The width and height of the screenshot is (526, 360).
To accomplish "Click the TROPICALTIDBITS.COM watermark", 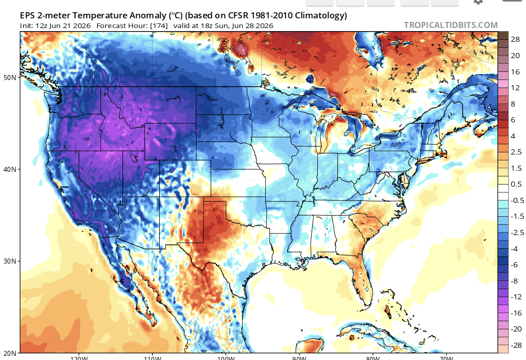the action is click(450, 25).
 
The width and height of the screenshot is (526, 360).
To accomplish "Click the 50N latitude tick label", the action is click(10, 78).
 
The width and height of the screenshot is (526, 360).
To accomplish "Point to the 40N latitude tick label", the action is click(10, 169).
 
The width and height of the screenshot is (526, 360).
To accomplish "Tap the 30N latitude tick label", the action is click(10, 261).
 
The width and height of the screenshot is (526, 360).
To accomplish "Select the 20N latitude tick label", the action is click(10, 353).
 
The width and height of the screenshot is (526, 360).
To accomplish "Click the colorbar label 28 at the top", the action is click(515, 40).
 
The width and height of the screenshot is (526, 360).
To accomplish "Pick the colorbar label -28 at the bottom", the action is click(516, 345).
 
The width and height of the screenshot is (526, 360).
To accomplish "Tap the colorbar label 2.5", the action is click(516, 152).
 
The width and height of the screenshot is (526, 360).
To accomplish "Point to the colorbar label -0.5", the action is click(517, 200).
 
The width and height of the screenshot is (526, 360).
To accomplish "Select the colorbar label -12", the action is click(516, 297).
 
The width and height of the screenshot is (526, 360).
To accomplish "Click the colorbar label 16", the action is click(515, 72).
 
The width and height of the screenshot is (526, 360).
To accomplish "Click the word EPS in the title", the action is click(27, 15).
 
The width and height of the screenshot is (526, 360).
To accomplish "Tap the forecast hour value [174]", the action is click(159, 26).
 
